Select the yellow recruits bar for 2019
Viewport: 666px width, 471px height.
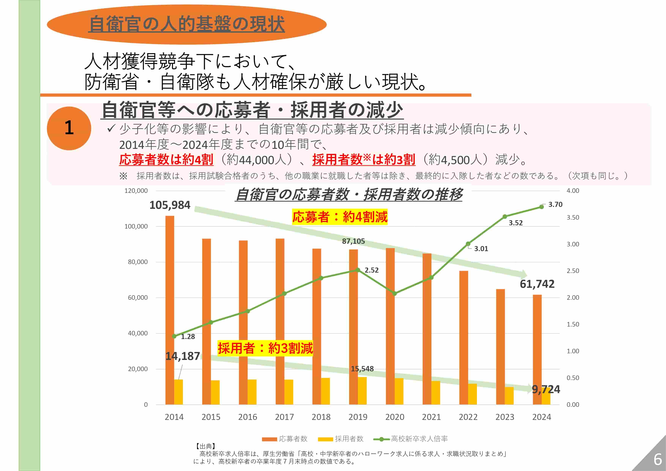pyautogui.click(x=362, y=391)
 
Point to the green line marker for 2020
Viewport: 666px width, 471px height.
pyautogui.click(x=395, y=293)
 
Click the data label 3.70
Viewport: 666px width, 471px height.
pyautogui.click(x=555, y=204)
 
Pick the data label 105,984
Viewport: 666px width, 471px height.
pyautogui.click(x=170, y=205)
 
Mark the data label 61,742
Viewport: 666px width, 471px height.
pyautogui.click(x=537, y=284)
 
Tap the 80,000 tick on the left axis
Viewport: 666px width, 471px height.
pyautogui.click(x=138, y=262)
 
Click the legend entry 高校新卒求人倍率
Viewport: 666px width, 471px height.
pyautogui.click(x=419, y=439)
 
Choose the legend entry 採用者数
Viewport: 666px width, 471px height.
pyautogui.click(x=349, y=439)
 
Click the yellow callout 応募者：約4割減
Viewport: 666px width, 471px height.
pyautogui.click(x=340, y=217)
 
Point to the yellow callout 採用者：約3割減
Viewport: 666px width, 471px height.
pyautogui.click(x=265, y=348)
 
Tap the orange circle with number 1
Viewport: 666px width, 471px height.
pyautogui.click(x=69, y=128)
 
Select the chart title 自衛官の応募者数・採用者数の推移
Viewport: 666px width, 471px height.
pyautogui.click(x=349, y=194)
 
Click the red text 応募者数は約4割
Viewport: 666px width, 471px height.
pyautogui.click(x=166, y=159)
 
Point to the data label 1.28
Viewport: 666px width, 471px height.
pyautogui.click(x=188, y=336)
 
